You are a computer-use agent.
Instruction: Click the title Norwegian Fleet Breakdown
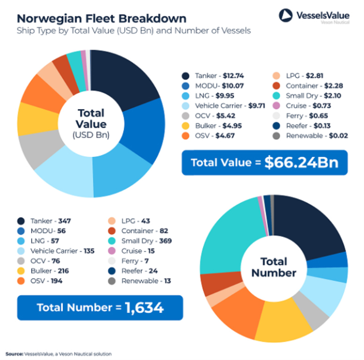pos(102,19)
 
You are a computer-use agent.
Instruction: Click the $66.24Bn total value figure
pos(301,163)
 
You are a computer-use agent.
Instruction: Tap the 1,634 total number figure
pos(144,308)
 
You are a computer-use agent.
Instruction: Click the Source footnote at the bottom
pos(58,354)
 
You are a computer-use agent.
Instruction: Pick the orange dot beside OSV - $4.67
pos(186,136)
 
